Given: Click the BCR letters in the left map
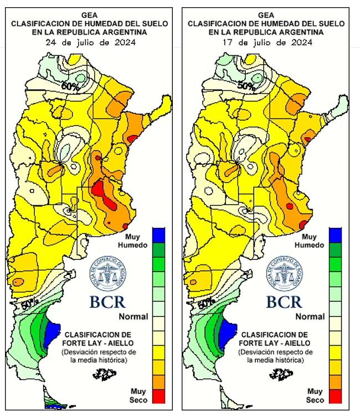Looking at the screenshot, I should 107,302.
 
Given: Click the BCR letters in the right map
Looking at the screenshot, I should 284,302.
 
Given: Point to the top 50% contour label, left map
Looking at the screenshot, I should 69,86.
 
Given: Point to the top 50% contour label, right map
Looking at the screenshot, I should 246,86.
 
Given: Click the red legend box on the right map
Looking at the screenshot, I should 336,397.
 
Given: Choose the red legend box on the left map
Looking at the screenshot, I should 159,397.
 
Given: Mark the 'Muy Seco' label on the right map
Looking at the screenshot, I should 315,396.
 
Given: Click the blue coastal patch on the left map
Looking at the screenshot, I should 52,333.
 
